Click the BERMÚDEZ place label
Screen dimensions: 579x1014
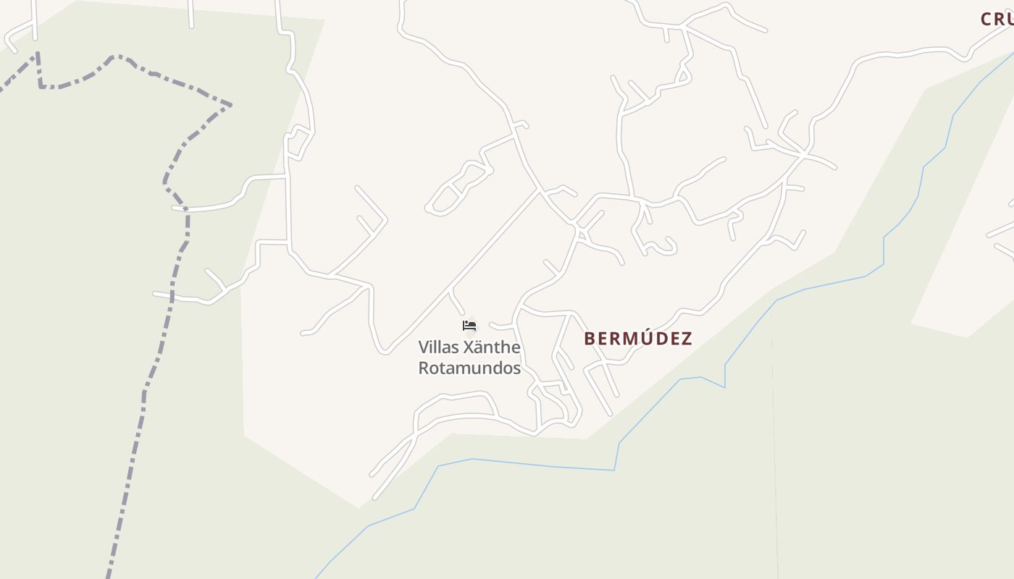[x=638, y=339]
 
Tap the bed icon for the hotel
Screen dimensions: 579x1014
[x=469, y=326]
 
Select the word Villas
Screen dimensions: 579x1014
[x=437, y=347]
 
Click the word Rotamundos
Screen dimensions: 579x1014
[x=469, y=368]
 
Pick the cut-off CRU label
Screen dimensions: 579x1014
[x=997, y=20]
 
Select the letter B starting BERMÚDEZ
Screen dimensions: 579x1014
[x=590, y=339]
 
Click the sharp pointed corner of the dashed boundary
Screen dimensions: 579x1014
[x=231, y=105]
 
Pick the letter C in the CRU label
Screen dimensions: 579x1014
[x=986, y=20]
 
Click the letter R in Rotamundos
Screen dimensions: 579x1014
[x=424, y=368]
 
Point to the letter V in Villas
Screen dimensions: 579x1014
[x=424, y=347]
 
